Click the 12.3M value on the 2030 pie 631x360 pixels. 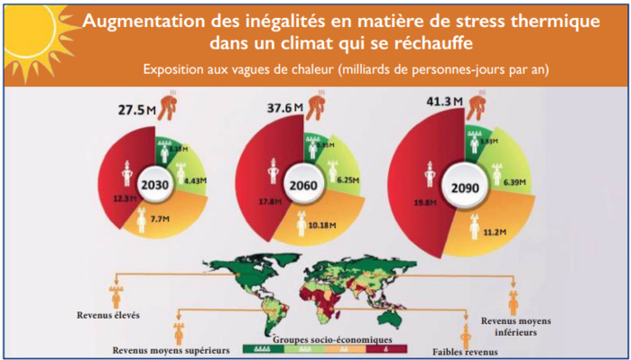[125, 198]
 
